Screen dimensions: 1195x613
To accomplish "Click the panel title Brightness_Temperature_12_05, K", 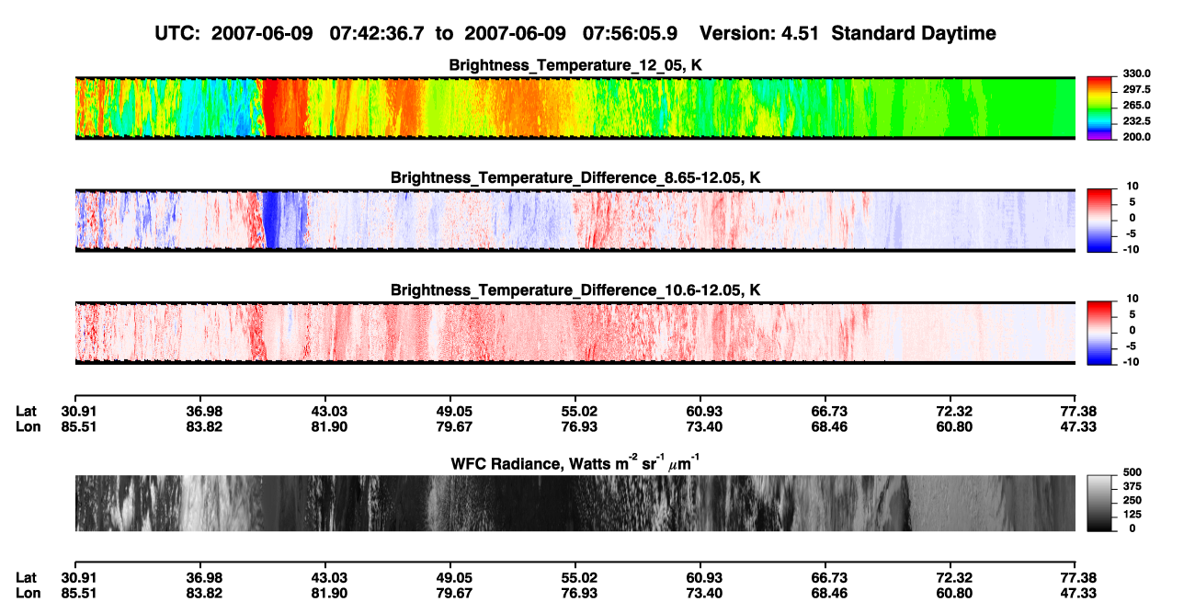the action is [575, 65].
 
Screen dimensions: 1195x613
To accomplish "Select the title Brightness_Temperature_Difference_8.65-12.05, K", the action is [575, 177].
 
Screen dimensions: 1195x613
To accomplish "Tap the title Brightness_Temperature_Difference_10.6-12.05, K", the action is [575, 290].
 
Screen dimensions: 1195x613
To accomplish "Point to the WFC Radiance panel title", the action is [575, 462].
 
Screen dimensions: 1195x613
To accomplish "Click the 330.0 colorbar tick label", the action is [1136, 74].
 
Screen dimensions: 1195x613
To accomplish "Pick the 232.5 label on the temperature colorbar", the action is [1136, 121].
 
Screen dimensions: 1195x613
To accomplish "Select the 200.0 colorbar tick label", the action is [1136, 137].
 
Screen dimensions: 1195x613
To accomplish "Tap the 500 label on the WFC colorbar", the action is [1132, 472].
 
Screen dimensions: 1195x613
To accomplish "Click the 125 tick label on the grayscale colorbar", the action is [1132, 515].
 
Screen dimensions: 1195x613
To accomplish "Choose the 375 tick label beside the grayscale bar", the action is [1132, 486].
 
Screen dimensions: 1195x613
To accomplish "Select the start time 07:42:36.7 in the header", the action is [377, 33].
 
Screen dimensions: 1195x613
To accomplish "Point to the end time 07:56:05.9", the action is [630, 33].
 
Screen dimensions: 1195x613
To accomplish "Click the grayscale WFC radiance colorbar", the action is [1099, 503].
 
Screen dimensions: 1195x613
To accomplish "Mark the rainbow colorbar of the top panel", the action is [1099, 108].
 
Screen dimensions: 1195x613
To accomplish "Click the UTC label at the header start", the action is [177, 33].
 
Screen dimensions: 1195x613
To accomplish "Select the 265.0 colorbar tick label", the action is [1136, 105].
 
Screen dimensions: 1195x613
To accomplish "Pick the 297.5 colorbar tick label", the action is [1136, 89].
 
